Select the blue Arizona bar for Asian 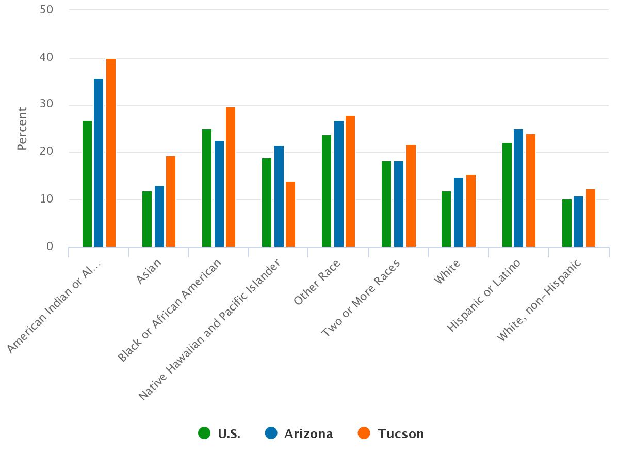point(159,216)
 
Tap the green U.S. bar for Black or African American point(207,188)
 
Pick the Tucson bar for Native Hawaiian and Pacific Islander point(290,214)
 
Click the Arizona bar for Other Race point(339,184)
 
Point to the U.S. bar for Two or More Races point(386,204)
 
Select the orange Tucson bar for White point(471,211)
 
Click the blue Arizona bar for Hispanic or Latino point(518,188)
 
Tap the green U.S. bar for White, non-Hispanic point(567,223)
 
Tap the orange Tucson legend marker point(364,433)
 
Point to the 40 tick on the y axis point(46,57)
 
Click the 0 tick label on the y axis point(50,246)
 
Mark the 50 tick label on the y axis point(46,10)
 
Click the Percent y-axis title point(22,129)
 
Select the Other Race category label point(318,282)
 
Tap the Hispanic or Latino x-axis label point(484,295)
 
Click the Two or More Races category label point(362,298)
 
